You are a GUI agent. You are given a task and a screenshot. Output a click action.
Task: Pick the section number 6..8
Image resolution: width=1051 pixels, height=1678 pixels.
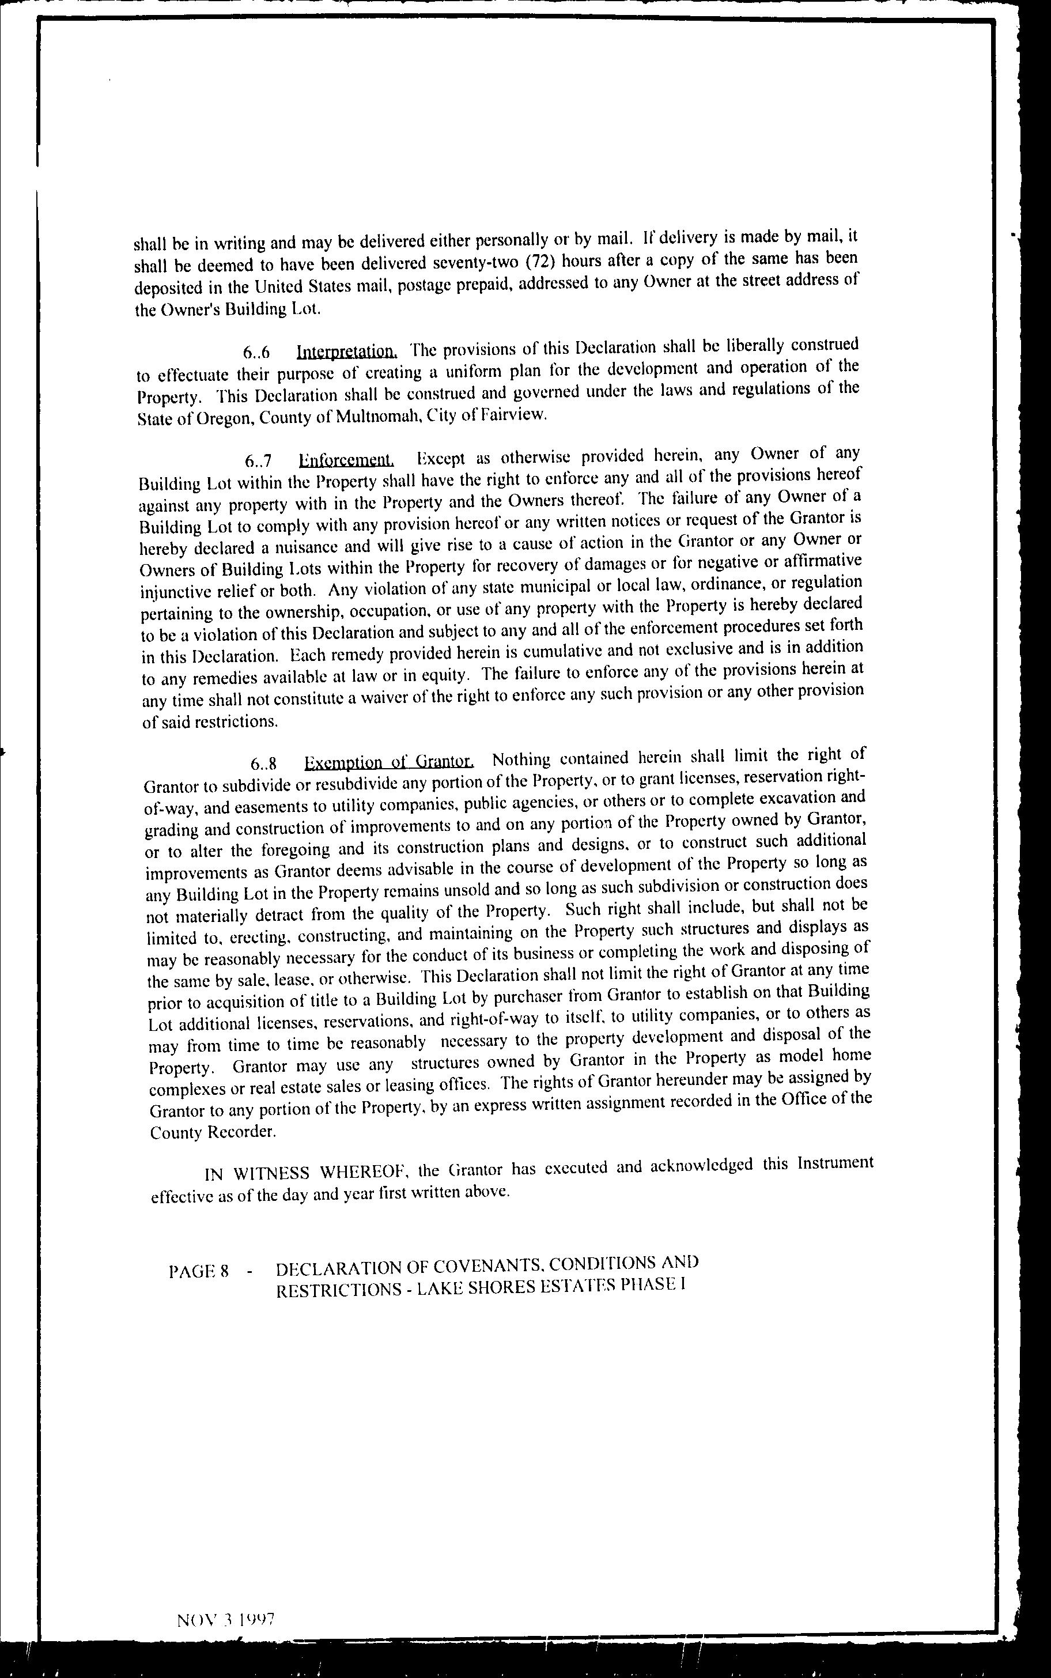[266, 765]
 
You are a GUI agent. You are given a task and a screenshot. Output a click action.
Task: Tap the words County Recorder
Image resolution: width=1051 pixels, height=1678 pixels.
[213, 1132]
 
